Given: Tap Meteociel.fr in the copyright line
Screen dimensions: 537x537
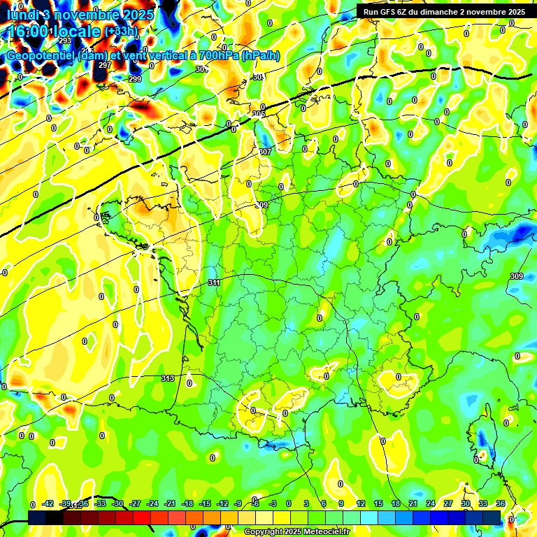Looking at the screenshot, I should pyautogui.click(x=325, y=532).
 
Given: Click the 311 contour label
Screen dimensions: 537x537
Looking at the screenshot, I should pyautogui.click(x=214, y=282).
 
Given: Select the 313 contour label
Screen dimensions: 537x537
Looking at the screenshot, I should pyautogui.click(x=167, y=378).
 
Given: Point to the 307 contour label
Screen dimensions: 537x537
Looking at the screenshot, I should pyautogui.click(x=265, y=152).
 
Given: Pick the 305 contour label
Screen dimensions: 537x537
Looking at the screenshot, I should pyautogui.click(x=259, y=113).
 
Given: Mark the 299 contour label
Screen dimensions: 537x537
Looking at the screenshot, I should pyautogui.click(x=135, y=79).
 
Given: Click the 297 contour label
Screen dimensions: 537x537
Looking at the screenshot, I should pyautogui.click(x=105, y=65).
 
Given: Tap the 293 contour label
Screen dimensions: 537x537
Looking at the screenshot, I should pyautogui.click(x=65, y=41).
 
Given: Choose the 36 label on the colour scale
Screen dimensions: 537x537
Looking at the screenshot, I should pyautogui.click(x=501, y=503).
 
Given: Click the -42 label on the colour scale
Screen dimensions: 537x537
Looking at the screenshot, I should pyautogui.click(x=48, y=503).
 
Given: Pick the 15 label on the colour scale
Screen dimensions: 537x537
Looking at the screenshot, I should pyautogui.click(x=378, y=503).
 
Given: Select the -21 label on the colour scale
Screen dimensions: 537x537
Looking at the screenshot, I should pyautogui.click(x=170, y=503).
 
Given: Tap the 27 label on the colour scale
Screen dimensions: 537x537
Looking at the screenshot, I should pyautogui.click(x=448, y=503).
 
